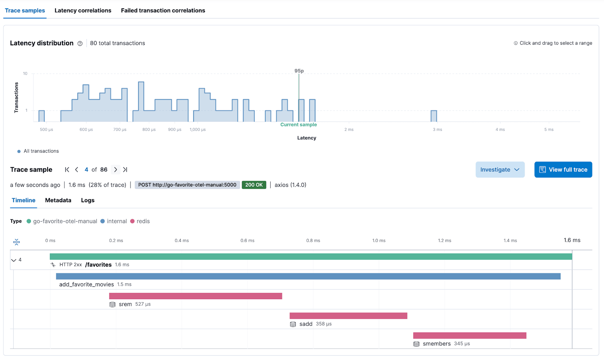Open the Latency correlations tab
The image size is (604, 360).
[x=83, y=11]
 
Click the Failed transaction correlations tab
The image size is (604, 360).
[x=163, y=11]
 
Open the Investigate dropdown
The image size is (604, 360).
[x=500, y=170]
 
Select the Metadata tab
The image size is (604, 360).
[x=58, y=200]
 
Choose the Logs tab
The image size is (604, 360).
[x=88, y=200]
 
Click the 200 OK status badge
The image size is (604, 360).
[x=254, y=185]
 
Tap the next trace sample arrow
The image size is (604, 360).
[x=116, y=170]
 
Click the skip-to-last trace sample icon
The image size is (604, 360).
[x=125, y=170]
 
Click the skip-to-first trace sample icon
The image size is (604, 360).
[x=67, y=170]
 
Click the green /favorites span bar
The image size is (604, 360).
[x=311, y=257]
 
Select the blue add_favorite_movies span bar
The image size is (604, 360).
[x=308, y=276]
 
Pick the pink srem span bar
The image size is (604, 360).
[x=196, y=296]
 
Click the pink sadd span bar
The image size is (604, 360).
[x=348, y=316]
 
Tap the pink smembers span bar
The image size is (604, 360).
[x=470, y=335]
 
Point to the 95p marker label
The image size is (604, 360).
[x=299, y=71]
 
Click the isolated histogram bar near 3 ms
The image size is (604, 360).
[x=434, y=116]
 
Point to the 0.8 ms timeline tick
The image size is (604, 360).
[x=313, y=240]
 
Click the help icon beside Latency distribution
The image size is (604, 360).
[x=80, y=43]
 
